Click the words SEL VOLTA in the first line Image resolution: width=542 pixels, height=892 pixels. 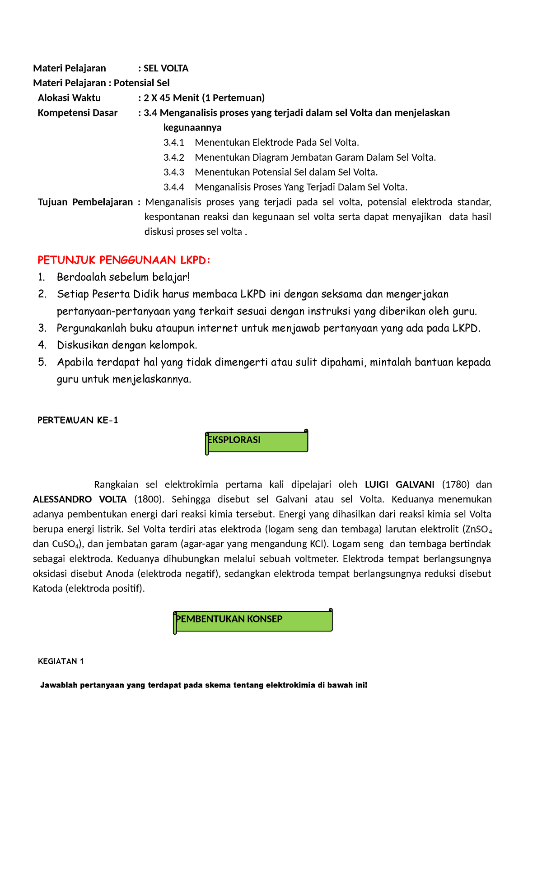(x=166, y=68)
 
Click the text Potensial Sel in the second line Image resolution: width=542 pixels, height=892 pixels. (x=141, y=83)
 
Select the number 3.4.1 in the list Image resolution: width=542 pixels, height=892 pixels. (x=174, y=143)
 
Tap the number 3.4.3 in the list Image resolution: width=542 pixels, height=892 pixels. (x=174, y=172)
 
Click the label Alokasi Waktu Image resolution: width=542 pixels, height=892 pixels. (x=69, y=98)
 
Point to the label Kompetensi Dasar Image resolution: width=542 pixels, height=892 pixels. (x=77, y=113)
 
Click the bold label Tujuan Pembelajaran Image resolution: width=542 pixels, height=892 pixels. (x=85, y=202)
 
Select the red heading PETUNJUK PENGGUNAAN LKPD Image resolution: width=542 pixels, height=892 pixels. (x=124, y=260)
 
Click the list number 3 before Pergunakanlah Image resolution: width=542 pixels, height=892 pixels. (x=42, y=328)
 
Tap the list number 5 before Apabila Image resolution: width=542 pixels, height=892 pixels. (x=42, y=362)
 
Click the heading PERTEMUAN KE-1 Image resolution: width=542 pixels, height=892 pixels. (x=78, y=420)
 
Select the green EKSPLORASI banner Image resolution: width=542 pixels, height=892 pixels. (x=257, y=441)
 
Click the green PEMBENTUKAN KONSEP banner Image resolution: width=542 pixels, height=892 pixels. (x=253, y=620)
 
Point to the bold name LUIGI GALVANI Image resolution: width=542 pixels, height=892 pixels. (x=399, y=484)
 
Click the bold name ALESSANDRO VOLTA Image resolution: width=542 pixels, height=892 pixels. (x=80, y=499)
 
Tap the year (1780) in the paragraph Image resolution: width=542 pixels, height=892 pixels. (x=455, y=484)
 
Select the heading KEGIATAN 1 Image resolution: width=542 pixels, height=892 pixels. (x=61, y=661)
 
